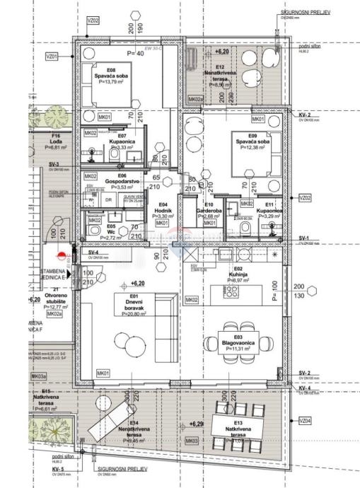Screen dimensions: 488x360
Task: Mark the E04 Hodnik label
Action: coord(162,212)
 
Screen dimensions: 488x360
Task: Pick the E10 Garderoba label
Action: coord(212,211)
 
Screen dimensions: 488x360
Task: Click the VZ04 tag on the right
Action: coord(304,420)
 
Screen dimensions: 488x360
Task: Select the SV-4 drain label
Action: coord(93,252)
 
